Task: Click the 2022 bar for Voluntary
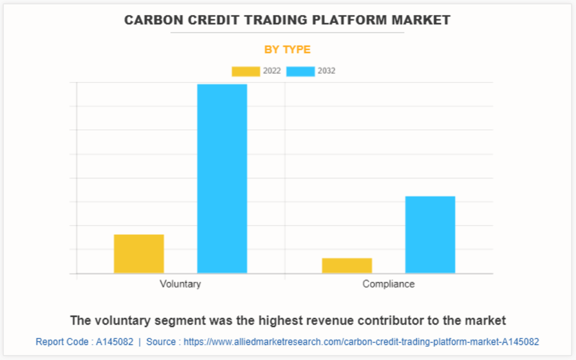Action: coord(139,253)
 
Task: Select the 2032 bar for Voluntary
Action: coord(222,178)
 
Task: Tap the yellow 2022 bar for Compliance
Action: coord(347,265)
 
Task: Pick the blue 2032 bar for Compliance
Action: coord(430,234)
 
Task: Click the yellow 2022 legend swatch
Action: coord(246,72)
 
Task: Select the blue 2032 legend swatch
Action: coord(300,72)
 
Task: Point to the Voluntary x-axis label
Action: coord(180,284)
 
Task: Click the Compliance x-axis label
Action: coord(388,284)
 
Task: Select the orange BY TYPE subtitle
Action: coord(287,50)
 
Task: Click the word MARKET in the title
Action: coord(422,20)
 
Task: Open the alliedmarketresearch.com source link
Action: coord(361,342)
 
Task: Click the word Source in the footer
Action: coord(161,342)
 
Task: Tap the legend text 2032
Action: coord(326,72)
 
